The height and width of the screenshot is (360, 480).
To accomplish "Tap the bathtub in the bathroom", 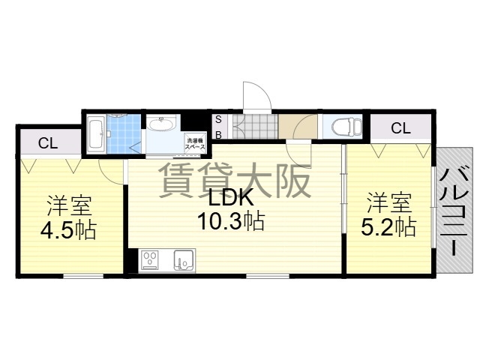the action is pyautogui.click(x=96, y=134).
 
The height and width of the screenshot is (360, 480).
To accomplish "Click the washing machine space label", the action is pyautogui.click(x=194, y=144).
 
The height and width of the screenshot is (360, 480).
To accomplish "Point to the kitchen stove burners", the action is pyautogui.click(x=148, y=260).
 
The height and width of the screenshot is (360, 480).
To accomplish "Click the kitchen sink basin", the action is pyautogui.click(x=184, y=260).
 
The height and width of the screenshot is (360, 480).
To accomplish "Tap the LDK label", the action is pyautogui.click(x=231, y=198).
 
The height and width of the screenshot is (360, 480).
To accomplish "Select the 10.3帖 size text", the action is pyautogui.click(x=231, y=222).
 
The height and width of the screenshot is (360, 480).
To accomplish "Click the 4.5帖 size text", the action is pyautogui.click(x=68, y=230).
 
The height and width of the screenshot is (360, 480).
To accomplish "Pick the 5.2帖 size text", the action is pyautogui.click(x=388, y=226).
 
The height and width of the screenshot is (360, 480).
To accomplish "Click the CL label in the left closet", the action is pyautogui.click(x=48, y=143).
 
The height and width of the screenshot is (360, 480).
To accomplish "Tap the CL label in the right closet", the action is pyautogui.click(x=400, y=128).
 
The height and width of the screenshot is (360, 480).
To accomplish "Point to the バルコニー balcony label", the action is pyautogui.click(x=454, y=210).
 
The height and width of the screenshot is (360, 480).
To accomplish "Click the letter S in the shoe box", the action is pyautogui.click(x=218, y=120).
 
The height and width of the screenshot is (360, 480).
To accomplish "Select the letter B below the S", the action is pyautogui.click(x=218, y=135).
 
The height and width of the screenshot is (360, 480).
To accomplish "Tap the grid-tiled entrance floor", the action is pyautogui.click(x=255, y=127).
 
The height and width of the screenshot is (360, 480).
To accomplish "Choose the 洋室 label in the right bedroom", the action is pyautogui.click(x=389, y=202).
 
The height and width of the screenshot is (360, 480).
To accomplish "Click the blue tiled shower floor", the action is pyautogui.click(x=124, y=134).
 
